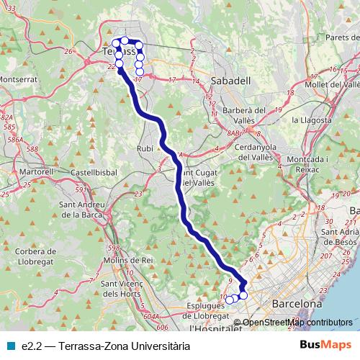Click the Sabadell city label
[231, 81]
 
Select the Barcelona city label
[297, 305]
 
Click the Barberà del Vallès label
[245, 114]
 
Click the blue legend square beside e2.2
[9, 346]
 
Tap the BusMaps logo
[325, 346]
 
